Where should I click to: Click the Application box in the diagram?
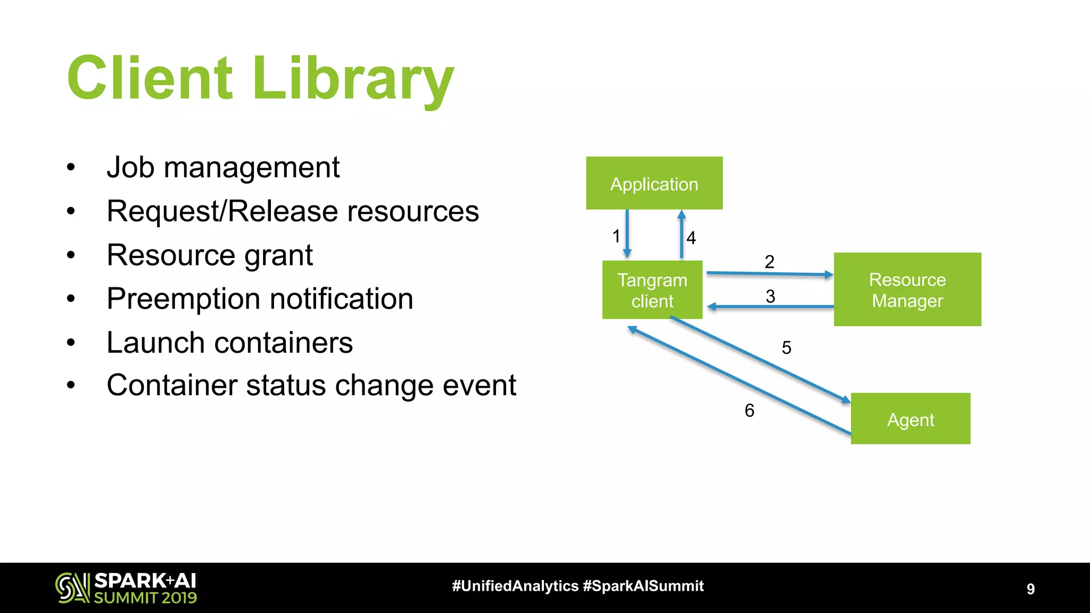[654, 183]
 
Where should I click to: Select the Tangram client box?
[652, 290]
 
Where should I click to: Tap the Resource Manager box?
[907, 289]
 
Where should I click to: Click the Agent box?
[910, 419]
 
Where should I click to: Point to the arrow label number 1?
[616, 236]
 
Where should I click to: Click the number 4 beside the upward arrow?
[691, 237]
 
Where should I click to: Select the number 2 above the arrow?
[769, 261]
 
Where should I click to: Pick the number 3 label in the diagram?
[770, 296]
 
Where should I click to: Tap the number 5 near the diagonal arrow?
[786, 347]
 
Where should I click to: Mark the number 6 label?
[749, 410]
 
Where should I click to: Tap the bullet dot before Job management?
[71, 168]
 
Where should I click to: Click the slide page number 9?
[1030, 589]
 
